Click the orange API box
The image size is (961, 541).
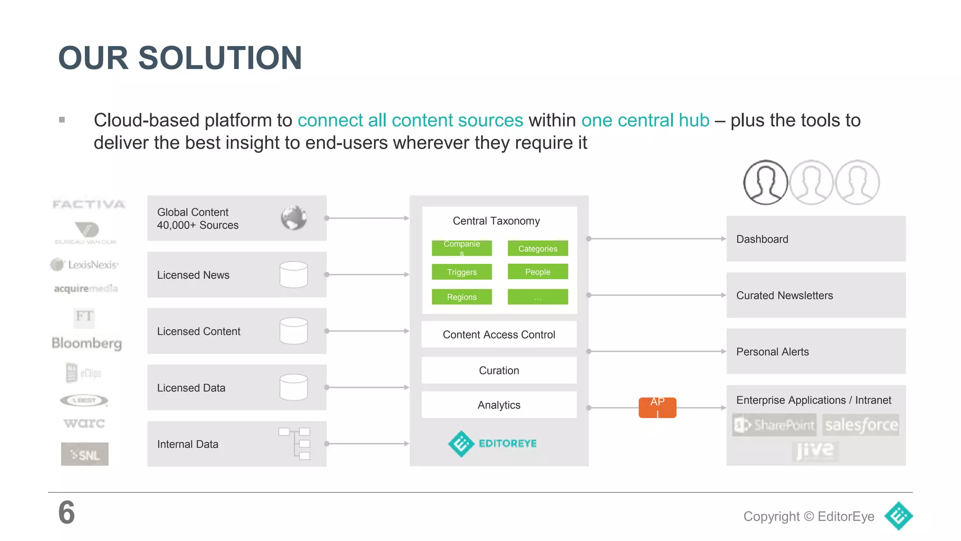tap(657, 407)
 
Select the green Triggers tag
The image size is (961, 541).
tap(462, 272)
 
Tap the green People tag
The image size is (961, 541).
tap(538, 271)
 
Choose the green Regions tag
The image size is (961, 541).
tap(462, 297)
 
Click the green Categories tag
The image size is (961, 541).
tap(538, 248)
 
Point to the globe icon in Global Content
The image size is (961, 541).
tap(294, 218)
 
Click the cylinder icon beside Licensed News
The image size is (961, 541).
tap(294, 274)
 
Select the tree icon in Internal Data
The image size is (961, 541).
tap(295, 443)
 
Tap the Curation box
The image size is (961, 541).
tap(499, 370)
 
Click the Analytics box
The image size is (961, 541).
tap(499, 405)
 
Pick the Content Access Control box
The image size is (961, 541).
tap(499, 334)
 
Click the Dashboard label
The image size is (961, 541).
tap(762, 239)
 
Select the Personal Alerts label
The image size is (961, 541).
tap(772, 352)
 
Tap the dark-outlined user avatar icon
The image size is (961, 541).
tap(765, 182)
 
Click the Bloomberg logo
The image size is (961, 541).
tap(87, 343)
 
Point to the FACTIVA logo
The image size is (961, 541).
tap(89, 204)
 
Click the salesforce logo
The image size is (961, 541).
tap(861, 425)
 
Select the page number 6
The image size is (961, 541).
tap(67, 512)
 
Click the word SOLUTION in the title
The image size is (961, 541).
tap(220, 58)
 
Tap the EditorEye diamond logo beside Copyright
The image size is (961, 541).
tap(898, 516)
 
